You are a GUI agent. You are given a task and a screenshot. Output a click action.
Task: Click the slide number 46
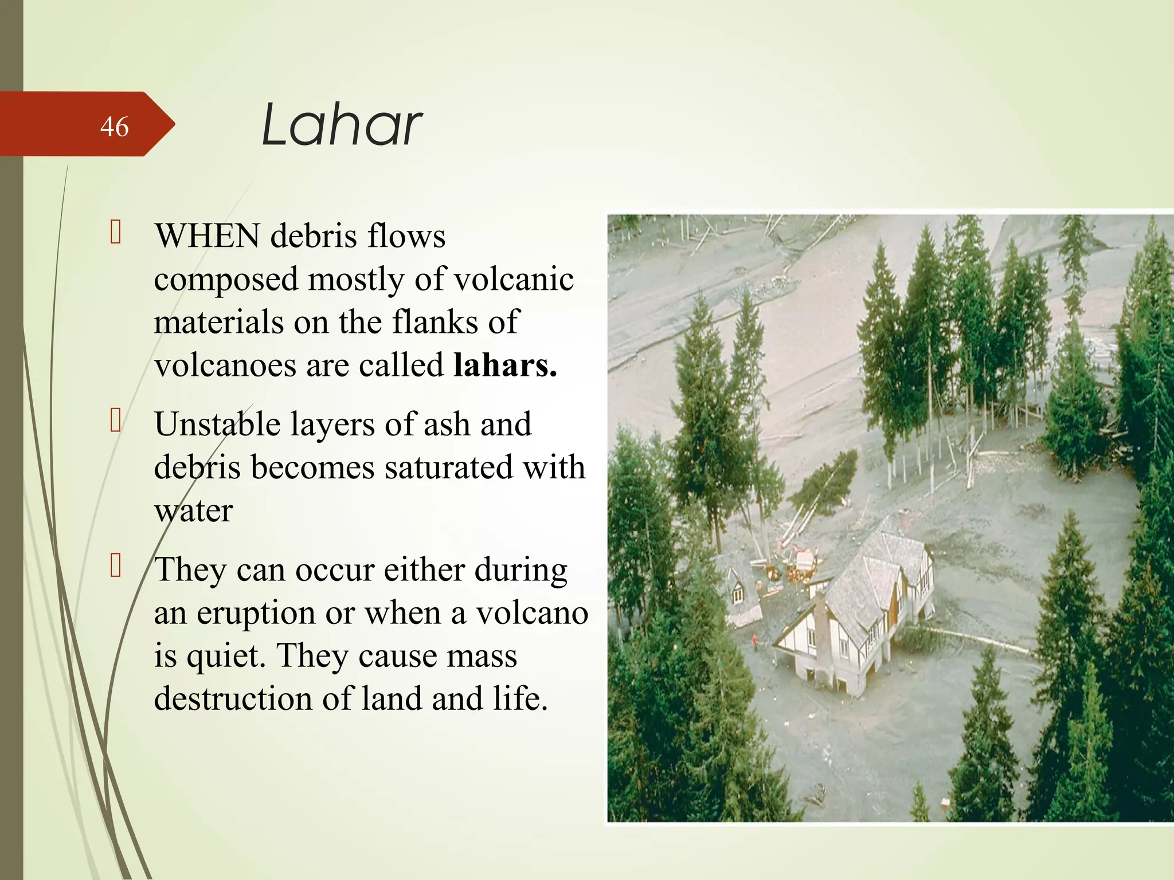(114, 127)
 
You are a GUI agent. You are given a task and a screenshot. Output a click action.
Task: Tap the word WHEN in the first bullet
(207, 235)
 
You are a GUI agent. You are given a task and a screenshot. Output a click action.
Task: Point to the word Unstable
(217, 425)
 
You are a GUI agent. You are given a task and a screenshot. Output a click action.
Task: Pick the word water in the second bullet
(193, 510)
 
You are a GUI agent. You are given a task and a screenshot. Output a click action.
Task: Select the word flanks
(435, 322)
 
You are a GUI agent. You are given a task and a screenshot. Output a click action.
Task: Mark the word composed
(226, 280)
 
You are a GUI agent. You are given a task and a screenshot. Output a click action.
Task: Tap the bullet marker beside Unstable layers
(116, 421)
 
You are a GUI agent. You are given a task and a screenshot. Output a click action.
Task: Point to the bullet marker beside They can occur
(116, 566)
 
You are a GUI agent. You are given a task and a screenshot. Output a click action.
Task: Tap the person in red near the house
(755, 641)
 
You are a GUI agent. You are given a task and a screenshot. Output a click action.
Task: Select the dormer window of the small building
(737, 594)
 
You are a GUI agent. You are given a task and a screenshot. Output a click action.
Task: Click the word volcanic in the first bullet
(514, 280)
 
